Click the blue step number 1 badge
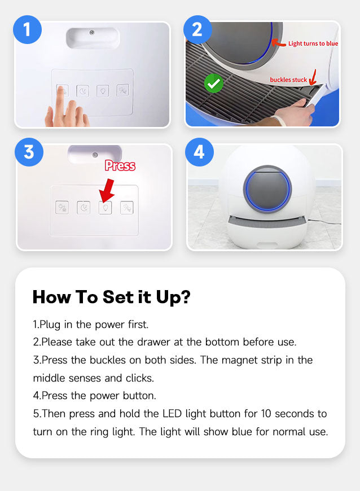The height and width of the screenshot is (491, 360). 27,29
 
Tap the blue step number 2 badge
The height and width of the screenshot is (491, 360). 197,29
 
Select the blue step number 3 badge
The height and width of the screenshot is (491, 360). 29,152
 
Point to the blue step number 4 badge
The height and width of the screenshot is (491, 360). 199,152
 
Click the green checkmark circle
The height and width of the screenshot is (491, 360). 213,84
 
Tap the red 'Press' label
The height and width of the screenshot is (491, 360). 120,165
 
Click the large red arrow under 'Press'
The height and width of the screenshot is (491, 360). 107,190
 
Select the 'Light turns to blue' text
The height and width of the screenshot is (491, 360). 313,43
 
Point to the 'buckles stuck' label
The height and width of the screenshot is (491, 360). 288,80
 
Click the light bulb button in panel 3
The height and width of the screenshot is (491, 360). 105,208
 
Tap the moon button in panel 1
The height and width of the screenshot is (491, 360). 82,91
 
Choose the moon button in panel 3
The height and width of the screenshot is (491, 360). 84,208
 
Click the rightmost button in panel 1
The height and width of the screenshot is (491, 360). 122,90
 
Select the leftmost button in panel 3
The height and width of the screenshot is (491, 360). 62,208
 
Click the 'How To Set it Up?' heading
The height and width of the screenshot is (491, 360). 112,297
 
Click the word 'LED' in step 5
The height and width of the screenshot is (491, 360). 172,414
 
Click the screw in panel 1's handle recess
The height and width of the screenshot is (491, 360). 92,33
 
